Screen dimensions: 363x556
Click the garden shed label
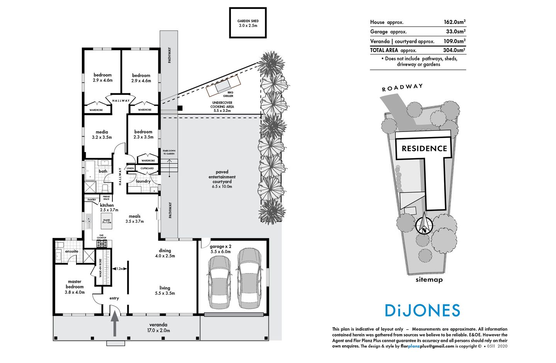point(248,23)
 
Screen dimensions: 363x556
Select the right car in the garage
point(249,278)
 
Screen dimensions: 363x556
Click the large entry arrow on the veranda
point(115,324)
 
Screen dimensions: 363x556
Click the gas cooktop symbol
point(102,243)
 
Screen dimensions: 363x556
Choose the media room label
point(102,134)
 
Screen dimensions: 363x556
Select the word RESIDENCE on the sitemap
point(424,149)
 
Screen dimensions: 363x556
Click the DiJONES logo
point(422,311)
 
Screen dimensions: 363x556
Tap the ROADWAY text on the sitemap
point(402,88)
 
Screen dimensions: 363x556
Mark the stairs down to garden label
point(169,152)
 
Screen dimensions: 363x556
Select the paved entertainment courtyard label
point(222,179)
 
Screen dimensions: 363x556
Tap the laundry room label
point(143,181)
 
